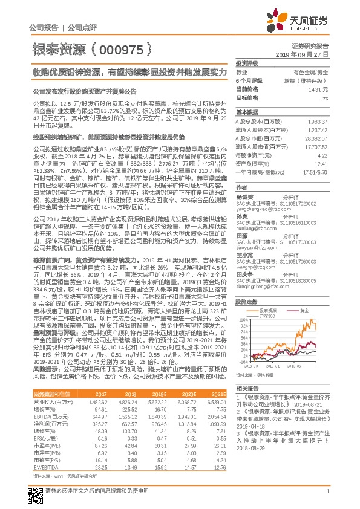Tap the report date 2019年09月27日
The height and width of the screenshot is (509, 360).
tap(309, 54)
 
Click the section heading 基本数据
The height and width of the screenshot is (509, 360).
tap(246, 112)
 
